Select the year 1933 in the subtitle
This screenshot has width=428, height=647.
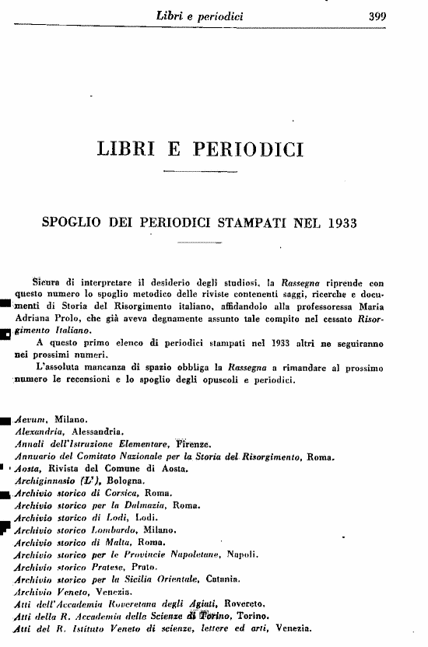[x=338, y=223]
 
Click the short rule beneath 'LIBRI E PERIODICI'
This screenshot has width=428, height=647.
[x=199, y=171]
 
